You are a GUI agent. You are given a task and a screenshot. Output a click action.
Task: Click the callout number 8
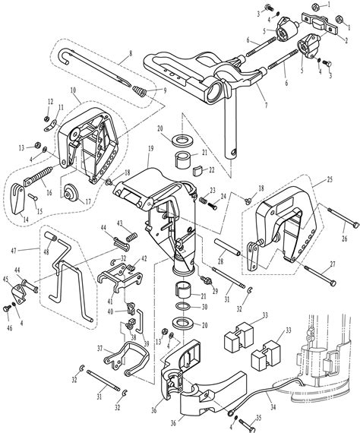pos(130,52)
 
